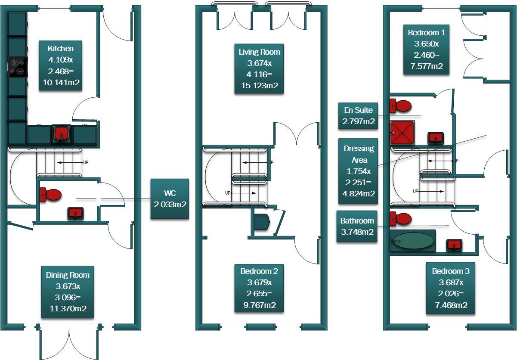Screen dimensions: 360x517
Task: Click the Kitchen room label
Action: tap(61, 66)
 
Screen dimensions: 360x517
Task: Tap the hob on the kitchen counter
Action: tap(18, 67)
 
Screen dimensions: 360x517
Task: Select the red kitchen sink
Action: tap(61, 134)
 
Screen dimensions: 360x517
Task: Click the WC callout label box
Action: tap(170, 199)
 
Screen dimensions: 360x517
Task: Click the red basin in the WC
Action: tap(76, 214)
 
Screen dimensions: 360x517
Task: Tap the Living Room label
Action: tap(259, 69)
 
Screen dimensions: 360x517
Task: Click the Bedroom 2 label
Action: tap(259, 289)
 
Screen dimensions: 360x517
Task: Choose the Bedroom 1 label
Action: tap(426, 50)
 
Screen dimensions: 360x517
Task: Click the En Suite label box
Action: tap(358, 116)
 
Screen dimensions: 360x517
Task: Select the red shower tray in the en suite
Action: tap(402, 133)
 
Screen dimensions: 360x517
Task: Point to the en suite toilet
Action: tap(400, 105)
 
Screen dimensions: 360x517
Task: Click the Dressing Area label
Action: tap(358, 171)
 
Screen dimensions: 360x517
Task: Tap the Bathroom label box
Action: tap(357, 227)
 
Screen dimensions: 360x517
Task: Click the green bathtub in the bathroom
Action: tap(412, 241)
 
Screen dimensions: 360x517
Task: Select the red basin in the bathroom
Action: tap(454, 245)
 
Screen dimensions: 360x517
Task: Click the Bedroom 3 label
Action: tap(451, 288)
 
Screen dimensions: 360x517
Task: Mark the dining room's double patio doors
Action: tap(69, 342)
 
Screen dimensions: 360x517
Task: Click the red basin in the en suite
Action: tap(436, 138)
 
